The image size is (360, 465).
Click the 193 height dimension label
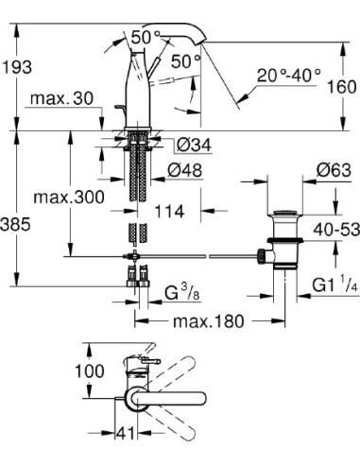tap(16, 67)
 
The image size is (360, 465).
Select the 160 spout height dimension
tap(342, 87)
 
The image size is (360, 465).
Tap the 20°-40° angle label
tap(289, 76)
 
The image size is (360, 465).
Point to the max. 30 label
tap(61, 98)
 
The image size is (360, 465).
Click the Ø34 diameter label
tap(194, 146)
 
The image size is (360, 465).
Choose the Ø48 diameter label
tap(184, 171)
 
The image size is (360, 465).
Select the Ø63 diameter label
tap(334, 170)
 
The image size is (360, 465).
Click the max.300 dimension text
tap(69, 198)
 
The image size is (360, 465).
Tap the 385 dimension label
tap(15, 225)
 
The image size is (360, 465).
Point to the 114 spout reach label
tap(169, 212)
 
